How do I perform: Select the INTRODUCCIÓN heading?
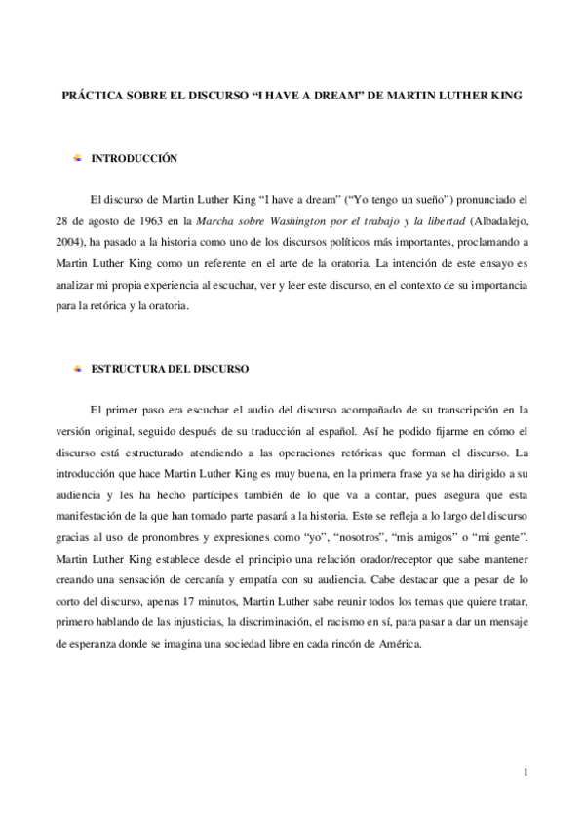133,157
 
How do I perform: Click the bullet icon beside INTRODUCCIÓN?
78,157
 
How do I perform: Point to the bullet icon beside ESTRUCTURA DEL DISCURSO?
78,370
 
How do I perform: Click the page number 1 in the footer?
526,773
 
